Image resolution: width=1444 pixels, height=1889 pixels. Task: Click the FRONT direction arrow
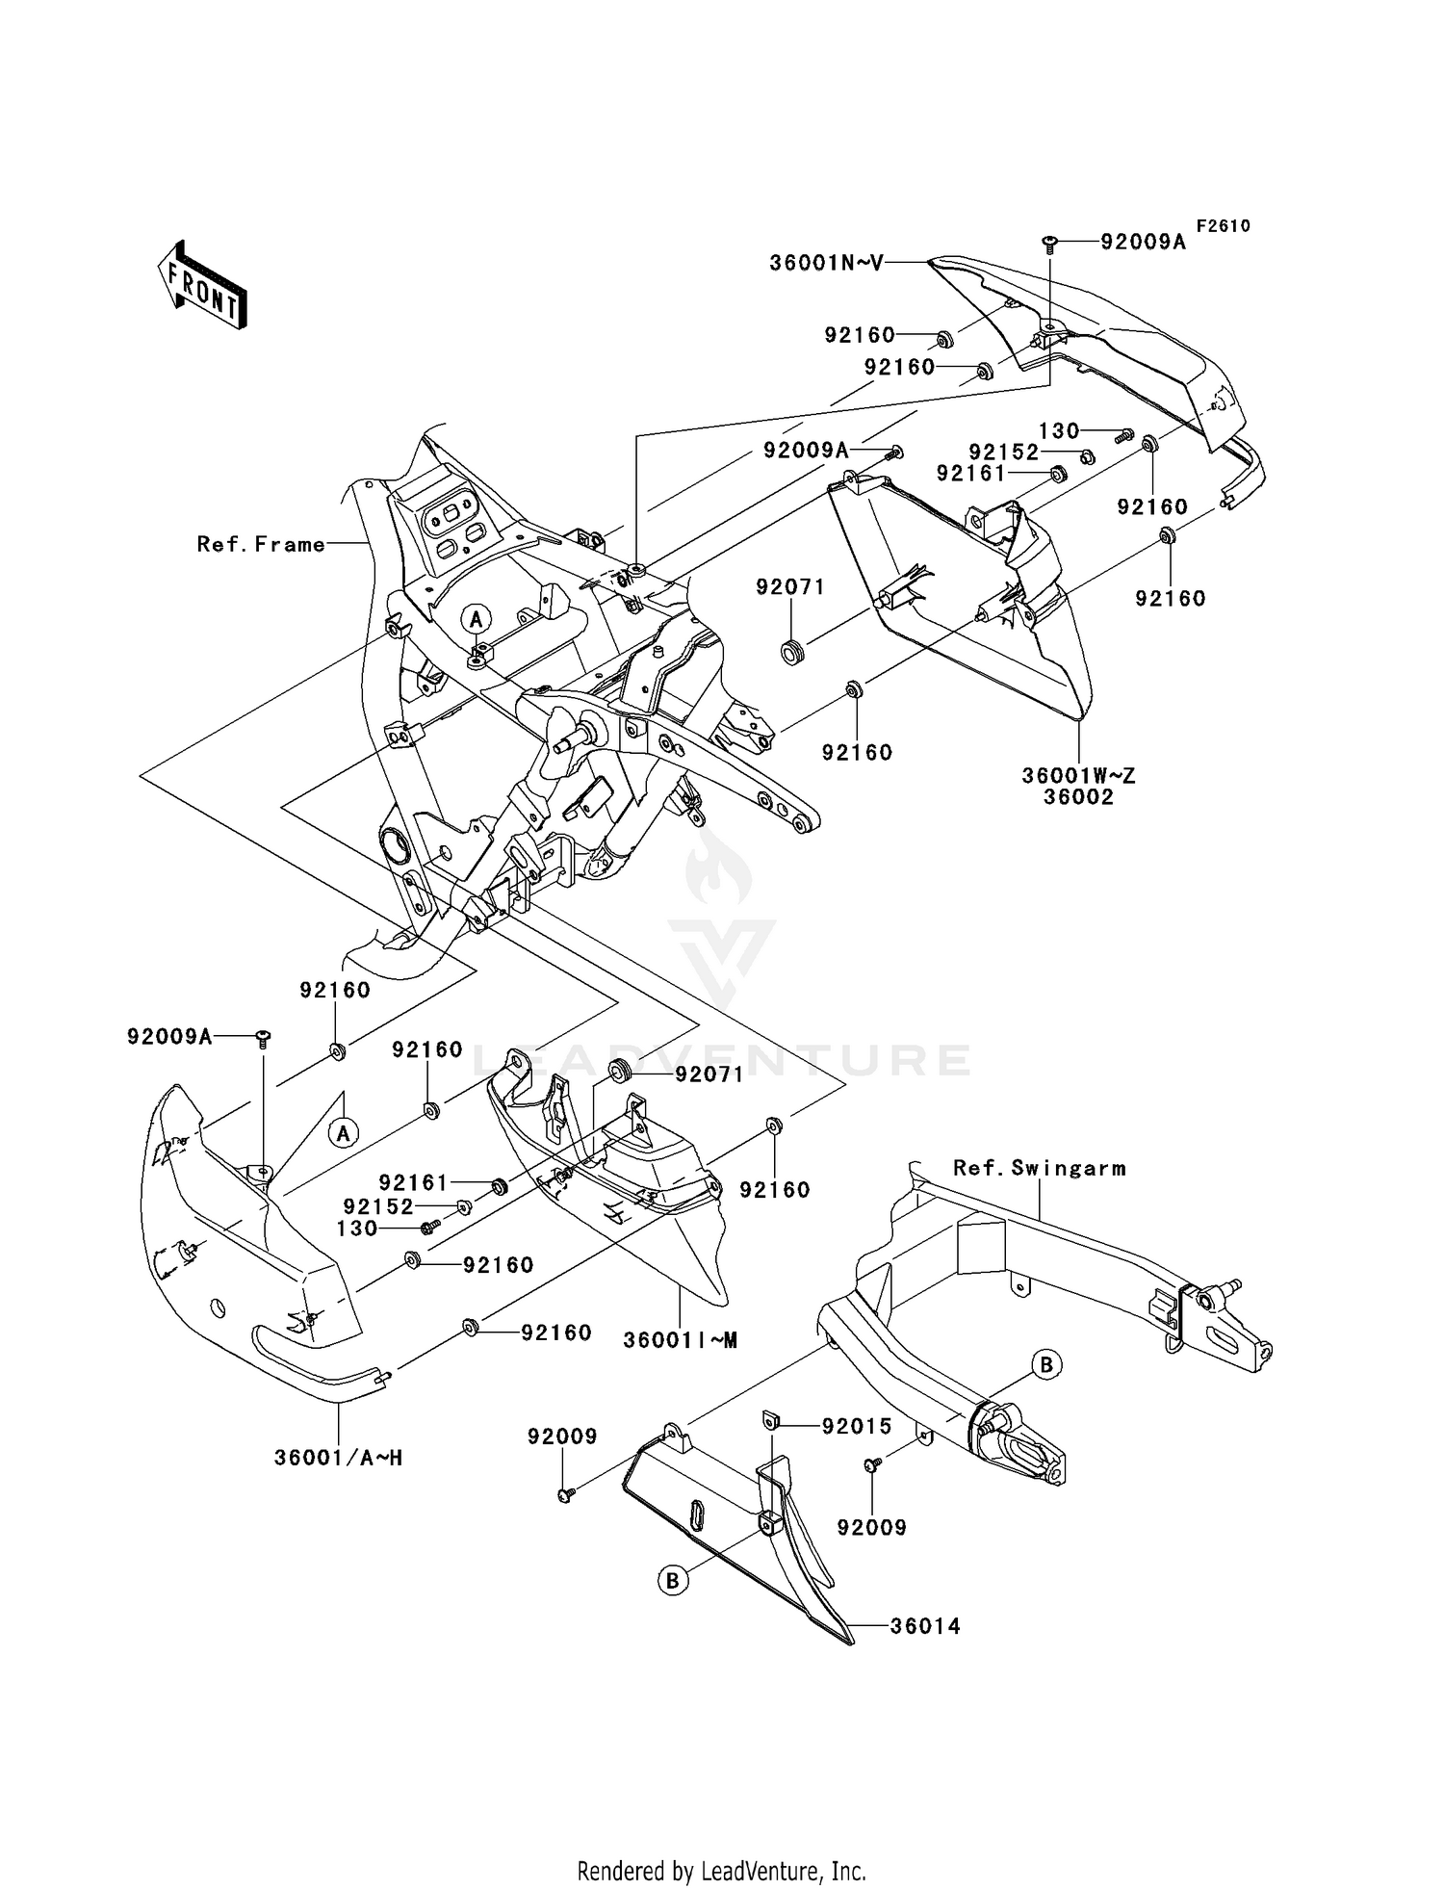[202, 287]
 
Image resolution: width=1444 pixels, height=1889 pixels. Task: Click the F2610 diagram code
[1223, 226]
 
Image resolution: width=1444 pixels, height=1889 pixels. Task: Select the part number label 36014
[924, 1626]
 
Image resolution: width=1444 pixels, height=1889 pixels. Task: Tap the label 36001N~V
[826, 262]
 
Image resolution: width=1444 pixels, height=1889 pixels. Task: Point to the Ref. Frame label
[261, 545]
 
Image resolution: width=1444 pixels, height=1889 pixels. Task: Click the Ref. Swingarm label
[1039, 1168]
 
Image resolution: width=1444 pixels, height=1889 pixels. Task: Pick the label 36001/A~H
[338, 1458]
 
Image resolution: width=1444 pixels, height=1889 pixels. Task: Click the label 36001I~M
[680, 1340]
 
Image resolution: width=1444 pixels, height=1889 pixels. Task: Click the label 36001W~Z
[1078, 775]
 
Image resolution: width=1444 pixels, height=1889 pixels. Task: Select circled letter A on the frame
[477, 618]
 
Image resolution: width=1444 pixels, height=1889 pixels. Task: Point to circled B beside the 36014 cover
[674, 1580]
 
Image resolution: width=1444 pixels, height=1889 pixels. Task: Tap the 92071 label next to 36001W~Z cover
[790, 587]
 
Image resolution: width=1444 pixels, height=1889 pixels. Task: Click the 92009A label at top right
[1143, 243]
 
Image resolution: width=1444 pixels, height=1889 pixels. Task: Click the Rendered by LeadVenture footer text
[721, 1871]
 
